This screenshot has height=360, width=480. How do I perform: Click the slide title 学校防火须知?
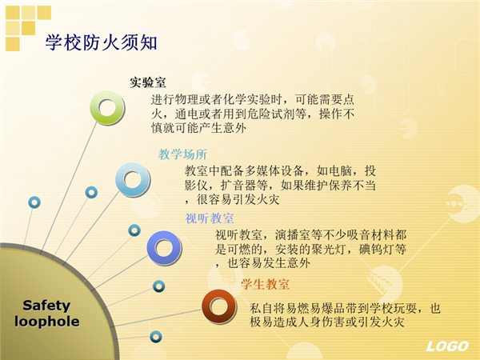[101, 42]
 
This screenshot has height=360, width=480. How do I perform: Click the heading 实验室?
[147, 82]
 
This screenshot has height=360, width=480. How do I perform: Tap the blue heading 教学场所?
[182, 154]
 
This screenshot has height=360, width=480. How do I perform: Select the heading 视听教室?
[210, 218]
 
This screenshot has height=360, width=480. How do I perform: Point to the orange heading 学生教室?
[265, 284]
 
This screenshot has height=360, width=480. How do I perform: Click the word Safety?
[46, 306]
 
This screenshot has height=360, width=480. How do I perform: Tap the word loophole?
[47, 322]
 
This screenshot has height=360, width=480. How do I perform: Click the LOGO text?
[447, 346]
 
